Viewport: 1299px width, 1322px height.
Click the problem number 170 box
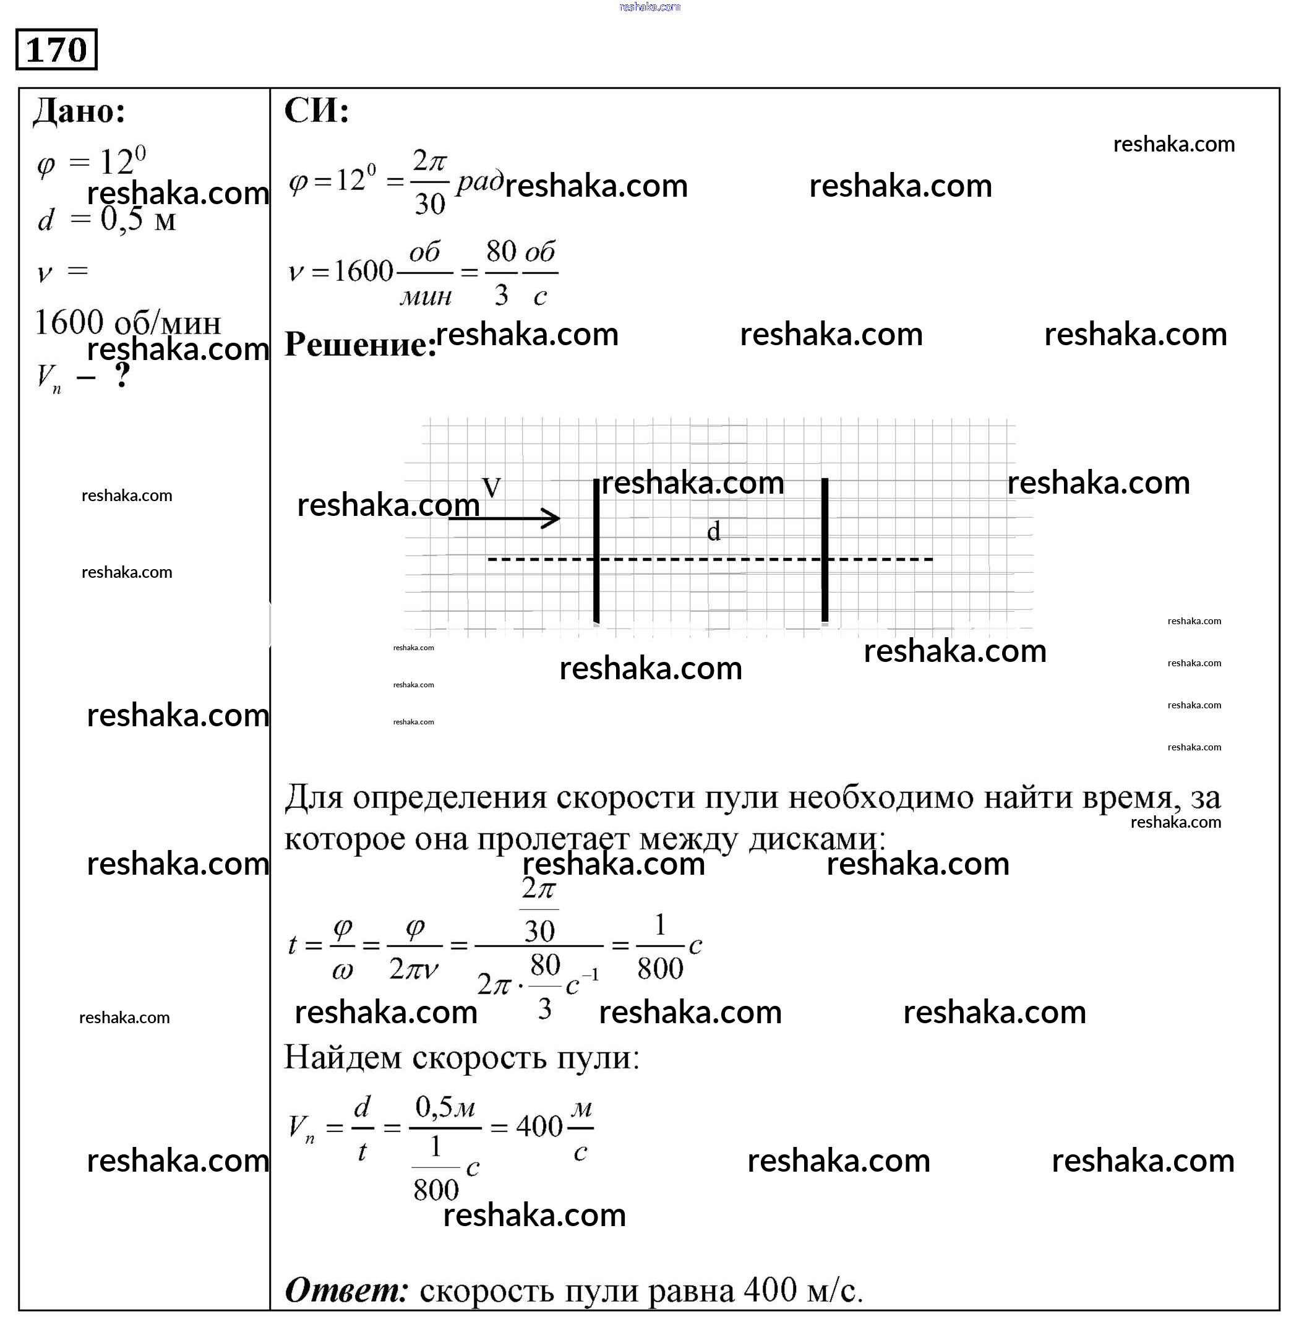click(x=57, y=49)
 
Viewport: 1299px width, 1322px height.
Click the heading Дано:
click(x=79, y=111)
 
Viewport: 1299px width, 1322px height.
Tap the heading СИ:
click(x=316, y=111)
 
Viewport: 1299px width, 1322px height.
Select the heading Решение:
click(x=359, y=344)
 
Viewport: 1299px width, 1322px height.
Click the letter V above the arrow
click(x=491, y=487)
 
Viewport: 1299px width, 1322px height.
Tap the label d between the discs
click(x=713, y=531)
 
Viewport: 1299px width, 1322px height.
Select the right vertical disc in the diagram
click(x=825, y=551)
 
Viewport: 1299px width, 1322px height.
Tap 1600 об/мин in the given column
click(x=127, y=323)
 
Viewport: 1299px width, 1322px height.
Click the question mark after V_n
click(x=122, y=376)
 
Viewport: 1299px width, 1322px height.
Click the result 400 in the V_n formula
click(x=539, y=1127)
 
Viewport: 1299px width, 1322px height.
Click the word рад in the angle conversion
click(x=479, y=181)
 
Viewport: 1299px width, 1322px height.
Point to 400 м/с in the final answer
click(x=802, y=1289)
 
